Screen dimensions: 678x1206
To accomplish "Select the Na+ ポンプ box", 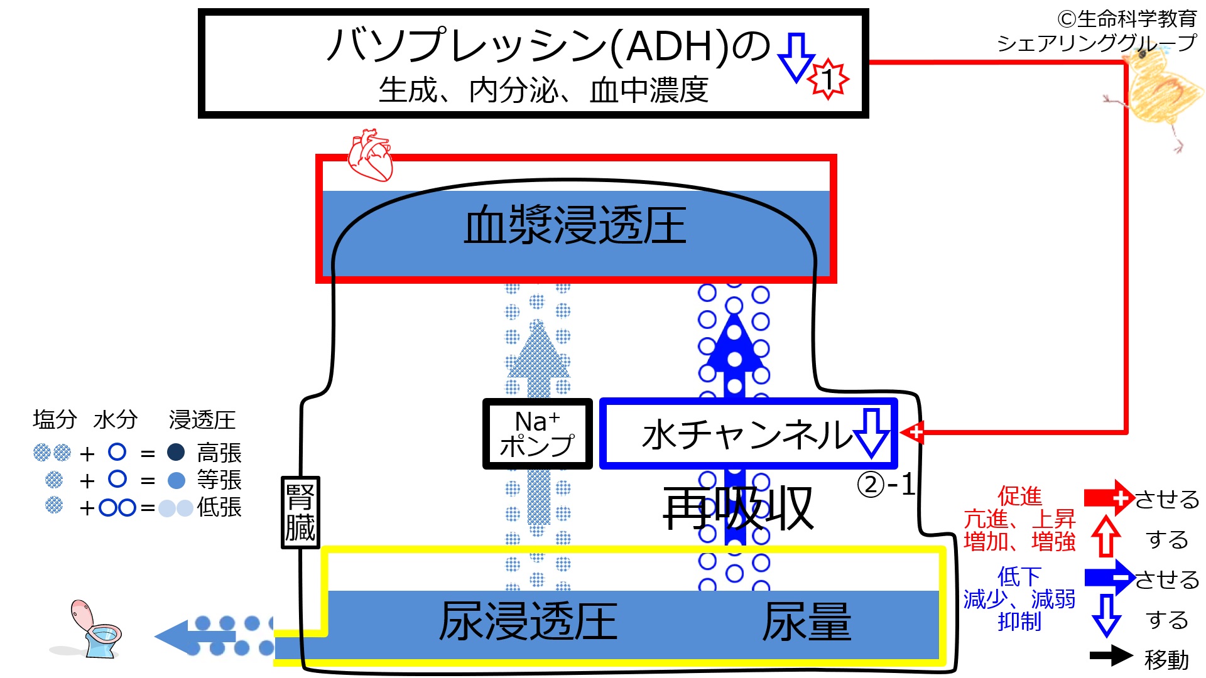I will click(537, 434).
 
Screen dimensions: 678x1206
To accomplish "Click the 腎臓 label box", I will click(300, 512).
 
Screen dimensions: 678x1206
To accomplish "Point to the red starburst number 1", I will click(828, 79).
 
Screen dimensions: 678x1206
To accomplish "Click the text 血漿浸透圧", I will click(575, 225).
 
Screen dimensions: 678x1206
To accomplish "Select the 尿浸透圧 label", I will click(528, 621).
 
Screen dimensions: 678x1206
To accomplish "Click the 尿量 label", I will click(807, 621).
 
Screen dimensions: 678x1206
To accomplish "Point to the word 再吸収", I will click(738, 508).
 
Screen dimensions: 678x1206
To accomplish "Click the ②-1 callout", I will click(886, 485).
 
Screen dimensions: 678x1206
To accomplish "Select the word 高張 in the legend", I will click(219, 453).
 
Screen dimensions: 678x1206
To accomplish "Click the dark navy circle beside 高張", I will click(176, 452).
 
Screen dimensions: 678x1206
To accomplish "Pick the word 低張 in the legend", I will click(219, 507).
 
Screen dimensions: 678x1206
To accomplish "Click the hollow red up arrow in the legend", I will click(1105, 536).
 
